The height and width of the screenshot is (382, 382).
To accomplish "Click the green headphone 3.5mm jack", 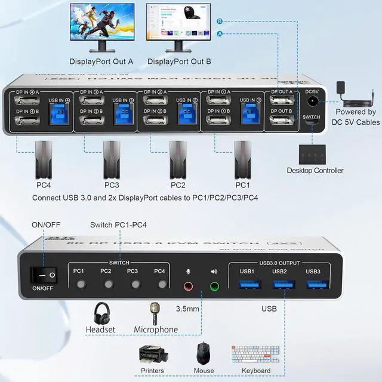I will [x=214, y=286].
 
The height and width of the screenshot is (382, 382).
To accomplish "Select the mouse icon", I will [x=204, y=353].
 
